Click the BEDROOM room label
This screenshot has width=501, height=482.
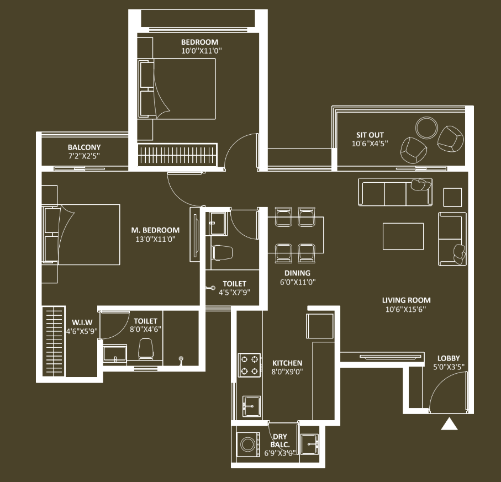(x=200, y=42)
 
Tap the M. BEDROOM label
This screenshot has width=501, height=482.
(x=155, y=230)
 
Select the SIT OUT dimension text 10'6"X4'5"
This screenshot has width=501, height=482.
(x=370, y=144)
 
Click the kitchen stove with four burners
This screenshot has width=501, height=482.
(x=250, y=365)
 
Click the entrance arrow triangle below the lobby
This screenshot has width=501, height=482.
(x=449, y=423)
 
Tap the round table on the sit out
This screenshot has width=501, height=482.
(x=426, y=128)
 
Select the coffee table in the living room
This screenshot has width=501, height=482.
(x=403, y=236)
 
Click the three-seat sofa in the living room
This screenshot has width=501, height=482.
(x=395, y=192)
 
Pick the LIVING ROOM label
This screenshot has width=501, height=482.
(x=406, y=300)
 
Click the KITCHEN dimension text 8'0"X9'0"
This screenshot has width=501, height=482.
(x=287, y=372)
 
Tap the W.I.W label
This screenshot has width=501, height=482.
(x=82, y=322)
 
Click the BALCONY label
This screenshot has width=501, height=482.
(x=84, y=147)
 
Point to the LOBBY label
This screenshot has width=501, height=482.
(x=449, y=358)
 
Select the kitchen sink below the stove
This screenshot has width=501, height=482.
(x=251, y=406)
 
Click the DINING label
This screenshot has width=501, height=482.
(x=297, y=273)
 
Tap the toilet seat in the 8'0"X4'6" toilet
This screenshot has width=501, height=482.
(x=146, y=349)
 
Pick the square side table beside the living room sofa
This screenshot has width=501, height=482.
(x=452, y=198)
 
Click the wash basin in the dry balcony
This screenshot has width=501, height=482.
(x=309, y=444)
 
